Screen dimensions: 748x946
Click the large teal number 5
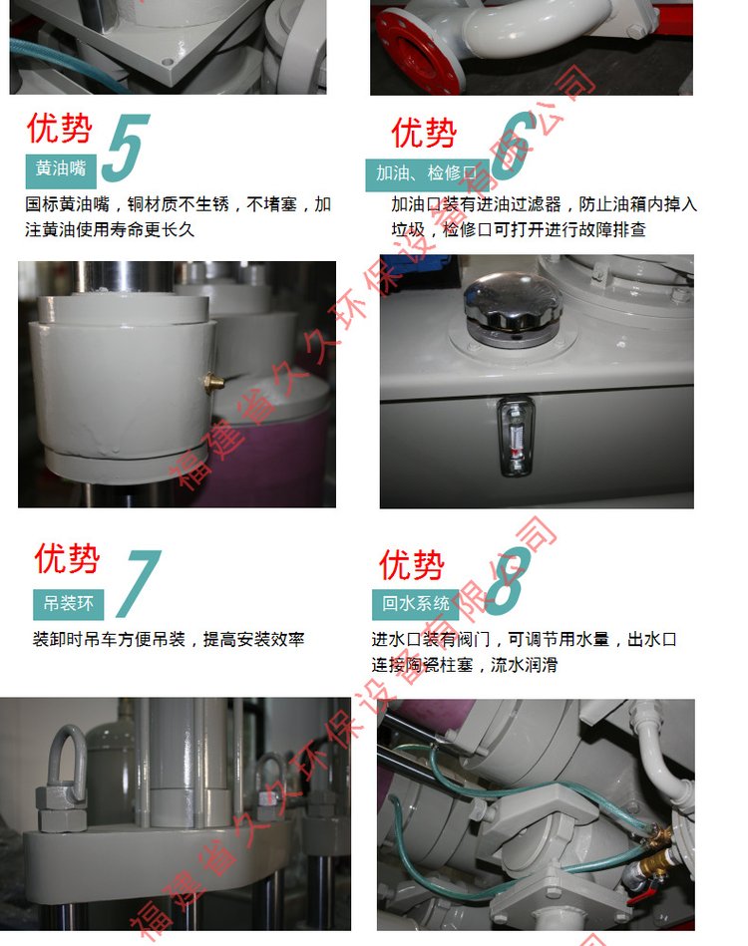tap(126, 148)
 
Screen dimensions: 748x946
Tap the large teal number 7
tap(139, 583)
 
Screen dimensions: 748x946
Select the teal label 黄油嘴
tap(61, 169)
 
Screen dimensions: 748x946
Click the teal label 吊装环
tap(68, 604)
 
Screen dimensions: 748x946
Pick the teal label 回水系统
tap(415, 604)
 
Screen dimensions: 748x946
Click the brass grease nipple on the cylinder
tap(213, 382)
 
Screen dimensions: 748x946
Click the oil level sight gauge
tap(515, 436)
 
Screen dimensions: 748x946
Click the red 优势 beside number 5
tap(59, 128)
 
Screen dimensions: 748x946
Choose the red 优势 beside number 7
tap(67, 558)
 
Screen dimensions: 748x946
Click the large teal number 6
tap(514, 146)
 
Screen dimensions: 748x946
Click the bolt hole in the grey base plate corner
tap(168, 61)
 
